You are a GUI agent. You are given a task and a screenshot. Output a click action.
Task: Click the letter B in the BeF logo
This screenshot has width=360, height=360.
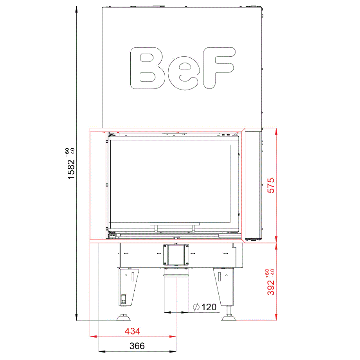tap(147, 68)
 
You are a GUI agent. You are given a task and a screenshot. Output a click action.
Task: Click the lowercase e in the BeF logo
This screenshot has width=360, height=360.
tap(184, 73)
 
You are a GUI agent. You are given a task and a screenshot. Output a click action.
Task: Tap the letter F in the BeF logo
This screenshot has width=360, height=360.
tap(219, 68)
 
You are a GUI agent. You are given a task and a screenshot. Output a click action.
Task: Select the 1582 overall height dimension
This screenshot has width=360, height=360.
tap(71, 169)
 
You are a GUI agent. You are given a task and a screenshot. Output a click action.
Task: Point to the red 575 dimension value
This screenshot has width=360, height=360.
tap(271, 185)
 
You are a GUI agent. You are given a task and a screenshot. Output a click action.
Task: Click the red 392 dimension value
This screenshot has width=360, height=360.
tap(271, 288)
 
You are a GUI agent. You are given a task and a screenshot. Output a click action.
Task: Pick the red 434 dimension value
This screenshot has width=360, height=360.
tap(133, 331)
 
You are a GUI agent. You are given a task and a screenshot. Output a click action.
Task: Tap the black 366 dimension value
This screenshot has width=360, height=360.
tap(137, 346)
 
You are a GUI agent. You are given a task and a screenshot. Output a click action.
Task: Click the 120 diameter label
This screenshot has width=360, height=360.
tap(209, 307)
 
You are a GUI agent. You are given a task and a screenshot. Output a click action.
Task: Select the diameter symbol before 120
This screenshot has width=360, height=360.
tap(196, 307)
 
